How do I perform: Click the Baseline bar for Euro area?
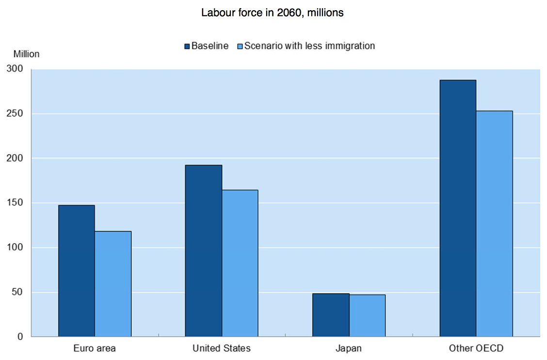pyautogui.click(x=77, y=271)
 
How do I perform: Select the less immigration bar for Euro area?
pyautogui.click(x=113, y=284)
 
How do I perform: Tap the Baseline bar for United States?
pyautogui.click(x=204, y=251)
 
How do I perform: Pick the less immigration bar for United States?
pyautogui.click(x=240, y=263)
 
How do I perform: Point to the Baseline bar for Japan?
pyautogui.click(x=331, y=315)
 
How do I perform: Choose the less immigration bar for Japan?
pyautogui.click(x=367, y=315)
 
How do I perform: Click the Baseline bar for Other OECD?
pyautogui.click(x=458, y=208)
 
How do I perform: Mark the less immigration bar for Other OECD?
pyautogui.click(x=494, y=224)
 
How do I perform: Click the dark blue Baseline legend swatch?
pyautogui.click(x=187, y=47)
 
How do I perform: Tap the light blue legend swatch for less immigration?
pyautogui.click(x=240, y=47)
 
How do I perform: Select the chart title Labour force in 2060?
pyautogui.click(x=273, y=13)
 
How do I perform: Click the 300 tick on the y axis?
pyautogui.click(x=15, y=69)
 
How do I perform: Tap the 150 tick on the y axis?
pyautogui.click(x=15, y=203)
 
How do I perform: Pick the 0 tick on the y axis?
pyautogui.click(x=20, y=337)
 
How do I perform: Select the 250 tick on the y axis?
pyautogui.click(x=15, y=114)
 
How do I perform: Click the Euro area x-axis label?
pyautogui.click(x=95, y=348)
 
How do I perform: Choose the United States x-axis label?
pyautogui.click(x=222, y=348)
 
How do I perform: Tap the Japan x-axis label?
pyautogui.click(x=348, y=348)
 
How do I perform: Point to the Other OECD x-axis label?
pyautogui.click(x=476, y=348)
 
